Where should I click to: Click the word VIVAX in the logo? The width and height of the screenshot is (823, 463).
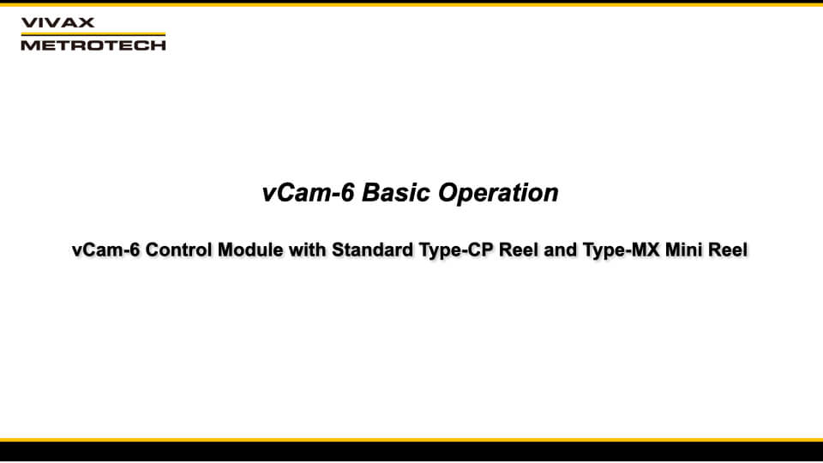point(57,22)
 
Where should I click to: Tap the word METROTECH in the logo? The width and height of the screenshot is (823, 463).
point(93,45)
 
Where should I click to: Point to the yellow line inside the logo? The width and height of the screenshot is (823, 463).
point(93,33)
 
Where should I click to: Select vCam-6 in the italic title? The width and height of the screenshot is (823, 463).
point(308,193)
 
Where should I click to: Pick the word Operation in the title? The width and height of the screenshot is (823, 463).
point(499,193)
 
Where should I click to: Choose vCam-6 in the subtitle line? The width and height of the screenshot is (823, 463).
point(105,251)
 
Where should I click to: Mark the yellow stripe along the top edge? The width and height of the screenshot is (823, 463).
point(411,3)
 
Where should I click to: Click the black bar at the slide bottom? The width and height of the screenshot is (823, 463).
point(411,452)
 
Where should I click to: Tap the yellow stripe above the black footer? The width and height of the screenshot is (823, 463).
point(411,439)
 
